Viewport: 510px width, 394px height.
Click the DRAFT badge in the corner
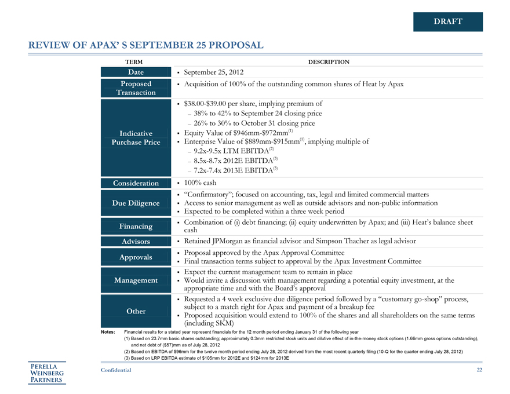coord(447,21)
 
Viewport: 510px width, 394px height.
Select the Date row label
coord(136,72)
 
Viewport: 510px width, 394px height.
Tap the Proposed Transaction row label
coord(136,88)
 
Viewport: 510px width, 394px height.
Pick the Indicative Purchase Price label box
coord(136,137)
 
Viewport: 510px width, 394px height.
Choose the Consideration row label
coord(136,183)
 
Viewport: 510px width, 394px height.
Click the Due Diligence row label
coord(136,203)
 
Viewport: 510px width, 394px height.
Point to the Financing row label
coord(136,226)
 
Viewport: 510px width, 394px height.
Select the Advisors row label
coord(136,241)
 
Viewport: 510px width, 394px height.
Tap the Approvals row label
coord(136,257)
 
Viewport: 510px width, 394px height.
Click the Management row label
coord(136,280)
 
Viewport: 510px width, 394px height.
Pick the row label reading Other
coord(136,311)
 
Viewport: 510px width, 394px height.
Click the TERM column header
coord(134,61)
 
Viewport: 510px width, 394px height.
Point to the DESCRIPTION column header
coord(329,61)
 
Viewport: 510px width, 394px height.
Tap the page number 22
coord(479,370)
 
